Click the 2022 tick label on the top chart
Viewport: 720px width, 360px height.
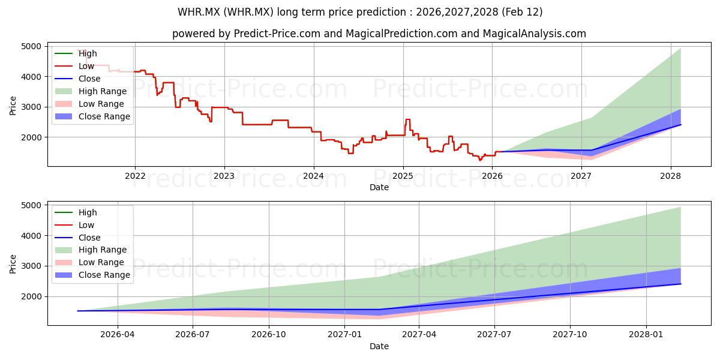click(x=135, y=176)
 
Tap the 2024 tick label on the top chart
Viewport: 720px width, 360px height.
click(x=314, y=176)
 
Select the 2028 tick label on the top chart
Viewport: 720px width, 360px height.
click(x=670, y=176)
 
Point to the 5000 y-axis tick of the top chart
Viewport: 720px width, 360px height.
click(x=31, y=46)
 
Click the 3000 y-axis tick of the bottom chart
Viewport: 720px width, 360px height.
click(x=31, y=266)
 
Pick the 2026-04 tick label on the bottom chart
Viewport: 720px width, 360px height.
click(x=118, y=335)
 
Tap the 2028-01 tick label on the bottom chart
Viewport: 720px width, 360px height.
click(x=646, y=335)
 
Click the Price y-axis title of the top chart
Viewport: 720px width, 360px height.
click(x=13, y=105)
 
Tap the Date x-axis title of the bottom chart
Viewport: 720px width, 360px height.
click(x=379, y=346)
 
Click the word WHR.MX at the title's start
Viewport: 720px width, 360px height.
click(x=199, y=12)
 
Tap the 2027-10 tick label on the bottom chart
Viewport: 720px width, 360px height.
click(x=570, y=335)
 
